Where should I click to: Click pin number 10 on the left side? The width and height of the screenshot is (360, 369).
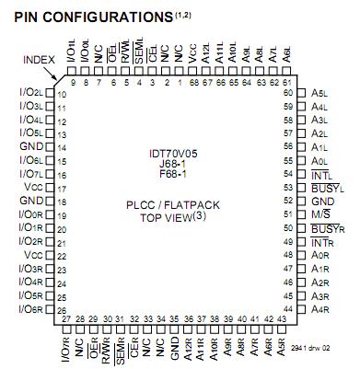click(x=62, y=94)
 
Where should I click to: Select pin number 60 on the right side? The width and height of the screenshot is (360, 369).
click(x=287, y=93)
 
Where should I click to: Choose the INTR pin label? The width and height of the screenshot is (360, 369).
click(x=322, y=241)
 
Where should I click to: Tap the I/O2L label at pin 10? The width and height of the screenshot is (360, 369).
click(x=31, y=93)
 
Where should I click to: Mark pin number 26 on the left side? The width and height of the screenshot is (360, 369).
click(x=62, y=309)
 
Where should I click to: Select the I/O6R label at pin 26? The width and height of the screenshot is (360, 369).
click(x=31, y=309)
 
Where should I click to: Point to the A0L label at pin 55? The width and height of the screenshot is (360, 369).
click(x=320, y=160)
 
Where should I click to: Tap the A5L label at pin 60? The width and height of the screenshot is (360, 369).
click(x=320, y=93)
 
